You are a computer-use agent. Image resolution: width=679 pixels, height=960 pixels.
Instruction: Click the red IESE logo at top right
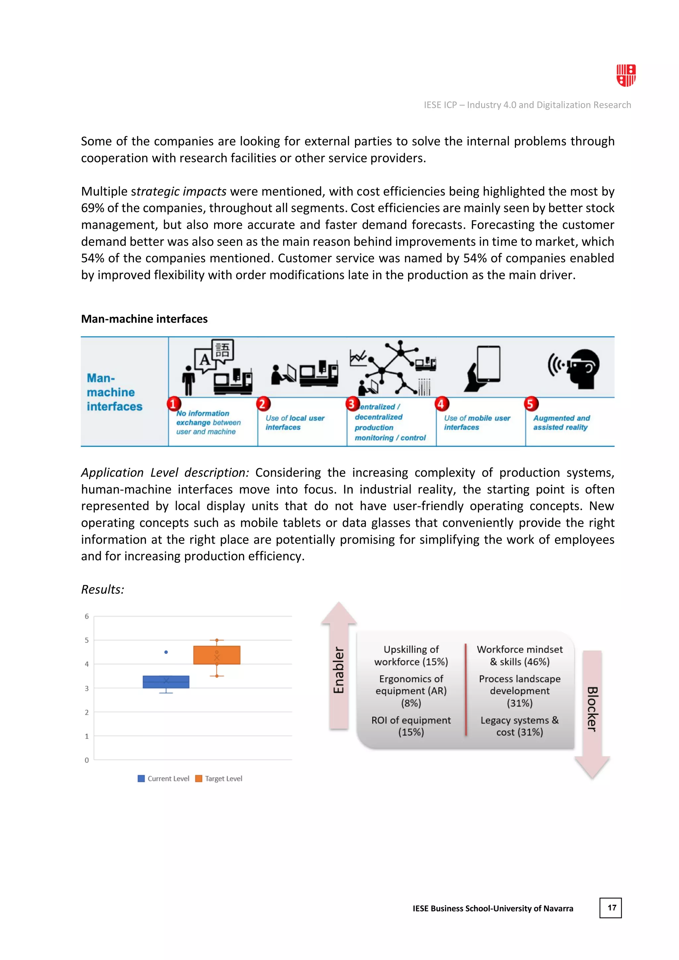[626, 75]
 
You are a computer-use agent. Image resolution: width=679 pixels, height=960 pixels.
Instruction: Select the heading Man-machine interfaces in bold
[144, 319]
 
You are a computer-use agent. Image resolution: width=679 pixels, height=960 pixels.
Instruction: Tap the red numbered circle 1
[173, 404]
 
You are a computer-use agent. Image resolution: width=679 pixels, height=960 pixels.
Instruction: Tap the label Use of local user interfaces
[295, 423]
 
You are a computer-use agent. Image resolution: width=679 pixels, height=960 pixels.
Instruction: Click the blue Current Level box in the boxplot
[166, 682]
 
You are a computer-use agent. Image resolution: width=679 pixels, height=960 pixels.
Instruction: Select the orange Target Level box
[216, 655]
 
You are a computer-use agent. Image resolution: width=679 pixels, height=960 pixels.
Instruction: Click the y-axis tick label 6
[87, 616]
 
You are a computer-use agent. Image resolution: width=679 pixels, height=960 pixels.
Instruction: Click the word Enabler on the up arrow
[339, 670]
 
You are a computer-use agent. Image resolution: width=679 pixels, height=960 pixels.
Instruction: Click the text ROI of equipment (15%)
[411, 726]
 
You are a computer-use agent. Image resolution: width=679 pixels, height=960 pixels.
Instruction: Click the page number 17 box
[610, 908]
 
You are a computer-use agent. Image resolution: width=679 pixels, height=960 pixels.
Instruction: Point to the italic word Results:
[103, 589]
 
